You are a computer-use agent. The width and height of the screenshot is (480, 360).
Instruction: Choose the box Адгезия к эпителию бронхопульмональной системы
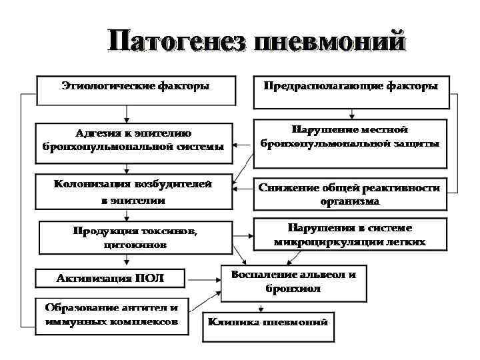(x=134, y=140)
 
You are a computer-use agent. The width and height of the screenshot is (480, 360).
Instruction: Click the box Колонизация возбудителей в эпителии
(x=134, y=192)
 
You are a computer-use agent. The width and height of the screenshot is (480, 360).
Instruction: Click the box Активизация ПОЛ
(x=109, y=278)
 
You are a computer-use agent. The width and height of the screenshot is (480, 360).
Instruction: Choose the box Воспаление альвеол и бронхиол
(x=293, y=282)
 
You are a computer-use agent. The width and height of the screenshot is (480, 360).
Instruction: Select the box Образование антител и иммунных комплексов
(x=111, y=315)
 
